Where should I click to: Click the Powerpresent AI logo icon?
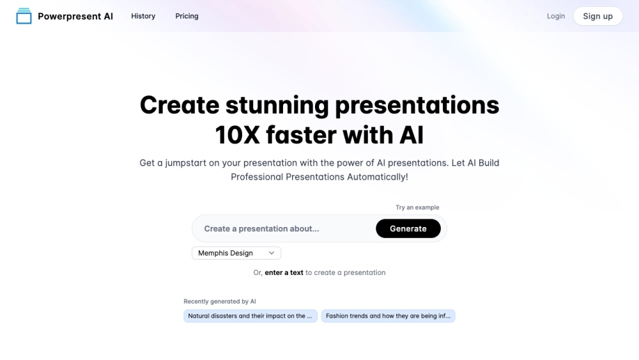[24, 16]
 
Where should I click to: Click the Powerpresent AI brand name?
[75, 16]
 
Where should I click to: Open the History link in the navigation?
[143, 16]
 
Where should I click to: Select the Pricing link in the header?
[187, 16]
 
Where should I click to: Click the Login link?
[556, 16]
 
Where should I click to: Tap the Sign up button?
[597, 16]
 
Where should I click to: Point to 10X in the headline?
[236, 135]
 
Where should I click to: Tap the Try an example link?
[417, 207]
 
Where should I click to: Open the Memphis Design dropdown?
[230, 253]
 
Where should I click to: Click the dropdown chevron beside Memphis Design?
[272, 253]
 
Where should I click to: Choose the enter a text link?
[284, 272]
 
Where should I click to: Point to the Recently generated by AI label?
[220, 301]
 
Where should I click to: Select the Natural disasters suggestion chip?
[250, 316]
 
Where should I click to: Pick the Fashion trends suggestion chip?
[388, 316]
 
